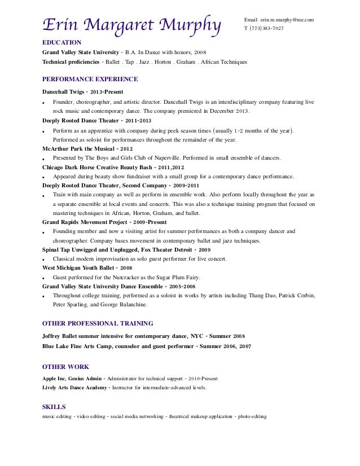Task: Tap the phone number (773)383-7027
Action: click(x=265, y=28)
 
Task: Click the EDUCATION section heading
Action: click(x=62, y=42)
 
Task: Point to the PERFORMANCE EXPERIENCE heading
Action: click(x=90, y=80)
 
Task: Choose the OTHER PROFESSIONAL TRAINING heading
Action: click(x=98, y=323)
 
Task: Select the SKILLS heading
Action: click(x=54, y=406)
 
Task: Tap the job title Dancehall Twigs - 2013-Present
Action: click(x=82, y=91)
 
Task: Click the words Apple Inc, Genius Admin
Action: click(x=72, y=378)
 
